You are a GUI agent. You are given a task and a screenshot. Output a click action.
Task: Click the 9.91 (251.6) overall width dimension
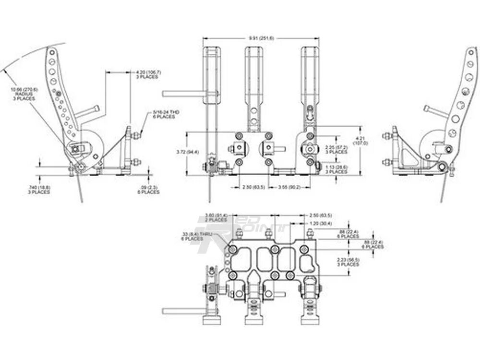pos(261,38)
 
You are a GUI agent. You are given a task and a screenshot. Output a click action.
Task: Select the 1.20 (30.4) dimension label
pos(319,223)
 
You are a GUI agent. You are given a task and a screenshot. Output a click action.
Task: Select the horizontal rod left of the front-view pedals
pos(182,93)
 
